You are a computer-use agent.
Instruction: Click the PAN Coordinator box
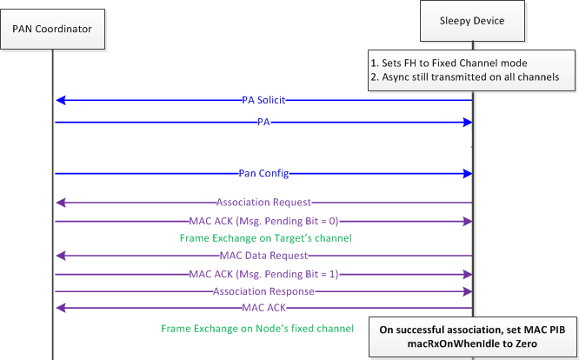point(52,32)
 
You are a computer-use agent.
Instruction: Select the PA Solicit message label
point(263,100)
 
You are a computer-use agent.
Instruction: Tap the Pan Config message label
point(263,173)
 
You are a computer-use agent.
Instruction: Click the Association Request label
point(263,203)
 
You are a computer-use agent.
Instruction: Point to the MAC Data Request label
point(263,256)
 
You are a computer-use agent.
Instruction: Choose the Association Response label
point(263,292)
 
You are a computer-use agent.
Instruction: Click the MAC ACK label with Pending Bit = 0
point(263,221)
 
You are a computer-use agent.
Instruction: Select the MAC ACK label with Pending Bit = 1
point(263,275)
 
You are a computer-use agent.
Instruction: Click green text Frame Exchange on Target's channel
point(263,238)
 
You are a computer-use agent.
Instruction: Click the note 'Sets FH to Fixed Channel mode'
point(460,63)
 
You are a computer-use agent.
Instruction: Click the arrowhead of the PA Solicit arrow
point(59,100)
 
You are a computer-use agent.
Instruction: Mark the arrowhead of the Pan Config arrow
point(467,173)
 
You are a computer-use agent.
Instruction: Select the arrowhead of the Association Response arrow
point(467,292)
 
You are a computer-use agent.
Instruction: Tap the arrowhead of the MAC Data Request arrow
point(59,256)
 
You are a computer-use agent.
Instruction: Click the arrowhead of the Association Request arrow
point(59,203)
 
